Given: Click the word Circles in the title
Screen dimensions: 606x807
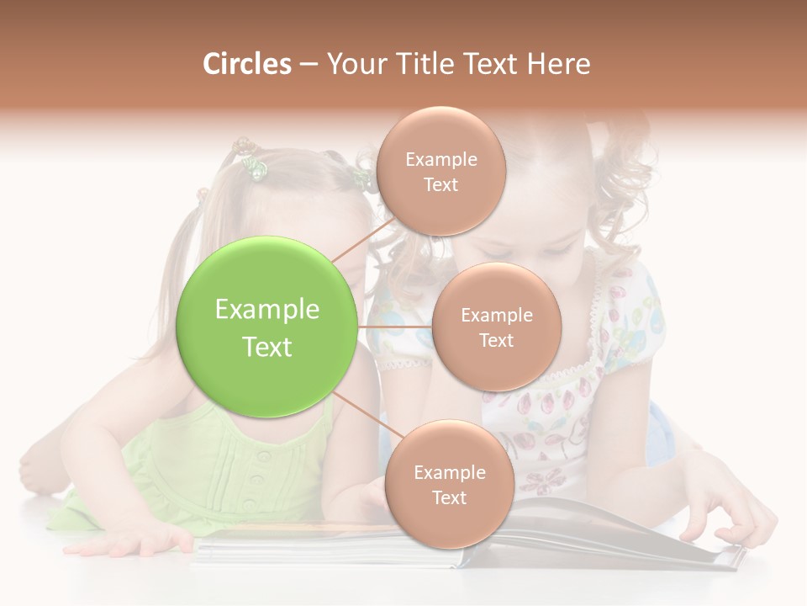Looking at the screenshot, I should [246, 64].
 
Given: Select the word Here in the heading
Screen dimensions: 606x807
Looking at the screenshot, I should [558, 64].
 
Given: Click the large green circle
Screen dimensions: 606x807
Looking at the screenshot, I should [266, 327].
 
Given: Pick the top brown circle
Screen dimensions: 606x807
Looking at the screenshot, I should [440, 171].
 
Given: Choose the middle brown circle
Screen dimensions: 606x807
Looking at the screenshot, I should [496, 327].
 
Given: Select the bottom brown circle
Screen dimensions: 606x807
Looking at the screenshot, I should [449, 484].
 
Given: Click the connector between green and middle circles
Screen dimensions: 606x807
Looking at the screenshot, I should [394, 327].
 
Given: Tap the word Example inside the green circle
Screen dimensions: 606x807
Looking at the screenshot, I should [266, 310].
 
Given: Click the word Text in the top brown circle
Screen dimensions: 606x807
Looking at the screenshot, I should [440, 185].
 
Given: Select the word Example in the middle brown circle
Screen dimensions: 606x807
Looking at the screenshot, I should [496, 316].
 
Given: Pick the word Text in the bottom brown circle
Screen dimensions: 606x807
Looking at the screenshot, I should [449, 498].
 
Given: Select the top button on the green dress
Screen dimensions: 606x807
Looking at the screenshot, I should [264, 457].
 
